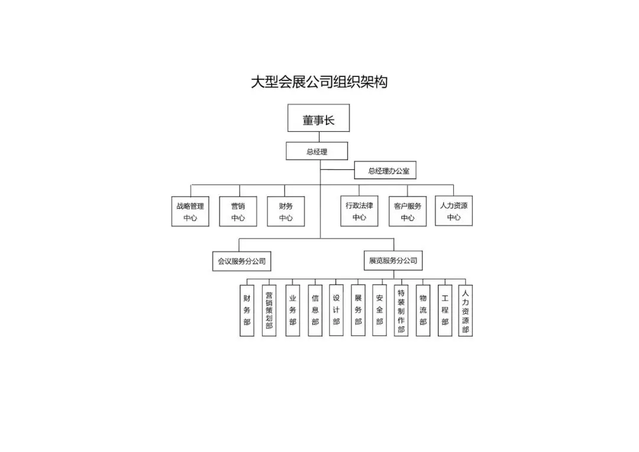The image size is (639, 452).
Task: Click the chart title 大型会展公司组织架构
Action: tap(319, 82)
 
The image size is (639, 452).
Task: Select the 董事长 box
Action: tap(318, 118)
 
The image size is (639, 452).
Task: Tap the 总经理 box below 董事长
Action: tap(317, 151)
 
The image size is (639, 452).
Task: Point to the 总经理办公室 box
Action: tap(388, 171)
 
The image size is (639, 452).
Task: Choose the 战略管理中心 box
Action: tap(190, 211)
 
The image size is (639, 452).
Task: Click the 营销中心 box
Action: tap(238, 211)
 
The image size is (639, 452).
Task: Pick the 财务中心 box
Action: tap(286, 211)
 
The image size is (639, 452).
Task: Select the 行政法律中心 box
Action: tap(359, 211)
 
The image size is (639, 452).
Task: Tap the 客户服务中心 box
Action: tap(407, 211)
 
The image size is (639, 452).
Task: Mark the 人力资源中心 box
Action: tap(454, 211)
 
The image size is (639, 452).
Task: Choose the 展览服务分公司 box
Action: tap(393, 260)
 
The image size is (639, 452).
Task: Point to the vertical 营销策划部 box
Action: tap(269, 311)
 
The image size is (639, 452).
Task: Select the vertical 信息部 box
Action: tap(315, 311)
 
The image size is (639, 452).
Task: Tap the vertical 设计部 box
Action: tap(336, 310)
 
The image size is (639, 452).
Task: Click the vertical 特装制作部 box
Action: tap(401, 311)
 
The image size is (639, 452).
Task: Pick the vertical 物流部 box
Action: tap(422, 311)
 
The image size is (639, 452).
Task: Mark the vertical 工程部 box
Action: tap(445, 311)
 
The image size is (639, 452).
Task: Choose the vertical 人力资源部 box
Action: tap(466, 311)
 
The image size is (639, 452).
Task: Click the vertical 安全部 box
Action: tap(379, 310)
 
